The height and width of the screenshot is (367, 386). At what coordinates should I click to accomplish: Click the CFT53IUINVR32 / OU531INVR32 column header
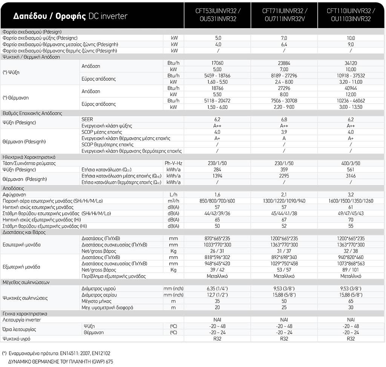click(x=218, y=15)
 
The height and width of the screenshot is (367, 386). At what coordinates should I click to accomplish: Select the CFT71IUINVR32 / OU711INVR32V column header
click(x=284, y=15)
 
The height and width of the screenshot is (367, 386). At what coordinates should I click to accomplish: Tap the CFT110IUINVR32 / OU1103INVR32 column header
click(x=351, y=15)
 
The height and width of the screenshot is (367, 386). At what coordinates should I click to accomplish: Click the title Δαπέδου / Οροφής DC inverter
click(x=70, y=16)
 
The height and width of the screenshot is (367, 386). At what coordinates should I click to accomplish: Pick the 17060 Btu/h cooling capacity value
click(x=218, y=63)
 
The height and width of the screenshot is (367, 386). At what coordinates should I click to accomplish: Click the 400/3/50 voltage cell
click(x=351, y=163)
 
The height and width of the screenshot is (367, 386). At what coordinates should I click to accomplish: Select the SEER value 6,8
click(x=284, y=119)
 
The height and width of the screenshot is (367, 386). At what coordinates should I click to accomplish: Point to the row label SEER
click(x=87, y=119)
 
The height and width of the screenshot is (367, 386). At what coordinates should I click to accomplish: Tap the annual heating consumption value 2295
click(x=284, y=176)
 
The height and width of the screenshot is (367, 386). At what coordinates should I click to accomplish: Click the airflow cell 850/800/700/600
click(x=218, y=201)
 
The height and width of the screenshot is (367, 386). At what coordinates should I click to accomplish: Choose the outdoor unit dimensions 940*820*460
click(x=351, y=257)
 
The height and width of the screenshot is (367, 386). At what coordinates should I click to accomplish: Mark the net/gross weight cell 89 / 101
click(x=351, y=270)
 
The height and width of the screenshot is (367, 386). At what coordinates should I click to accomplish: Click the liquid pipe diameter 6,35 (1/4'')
click(x=218, y=289)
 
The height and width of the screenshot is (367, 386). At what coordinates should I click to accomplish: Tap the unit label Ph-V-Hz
click(x=174, y=163)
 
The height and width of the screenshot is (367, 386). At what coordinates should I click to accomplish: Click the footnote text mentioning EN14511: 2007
click(x=57, y=353)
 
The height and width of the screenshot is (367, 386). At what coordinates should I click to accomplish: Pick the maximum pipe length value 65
click(x=351, y=301)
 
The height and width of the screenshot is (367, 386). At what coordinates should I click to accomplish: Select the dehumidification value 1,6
click(x=218, y=195)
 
